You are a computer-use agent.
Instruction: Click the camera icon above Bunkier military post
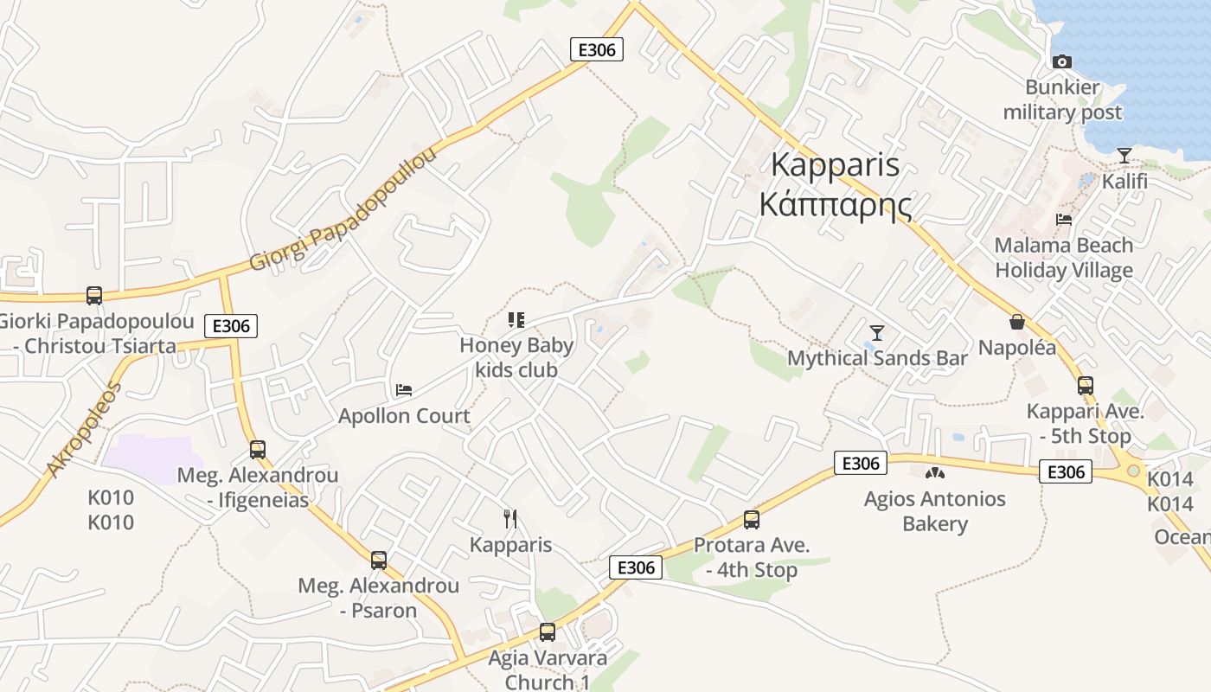tap(1062, 61)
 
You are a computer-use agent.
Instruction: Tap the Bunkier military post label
tap(1062, 99)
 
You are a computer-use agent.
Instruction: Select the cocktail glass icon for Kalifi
tap(1124, 156)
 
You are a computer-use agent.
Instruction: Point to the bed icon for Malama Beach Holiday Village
tap(1064, 220)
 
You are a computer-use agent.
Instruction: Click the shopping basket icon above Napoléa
tap(1017, 322)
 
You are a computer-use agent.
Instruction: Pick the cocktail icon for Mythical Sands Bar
tap(877, 332)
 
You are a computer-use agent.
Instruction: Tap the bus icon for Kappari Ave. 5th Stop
tap(1085, 386)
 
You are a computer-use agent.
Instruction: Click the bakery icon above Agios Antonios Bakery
tap(934, 473)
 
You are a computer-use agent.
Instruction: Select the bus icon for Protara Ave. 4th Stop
tap(752, 520)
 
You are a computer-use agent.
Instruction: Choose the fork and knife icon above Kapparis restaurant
tap(510, 519)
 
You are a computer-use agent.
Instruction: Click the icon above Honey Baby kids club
tap(516, 320)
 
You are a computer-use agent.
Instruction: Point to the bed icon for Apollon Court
tap(404, 390)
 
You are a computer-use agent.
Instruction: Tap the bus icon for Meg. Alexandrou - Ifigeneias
tap(257, 450)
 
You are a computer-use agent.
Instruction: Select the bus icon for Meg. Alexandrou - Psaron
tap(378, 560)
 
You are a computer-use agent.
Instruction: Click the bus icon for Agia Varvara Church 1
tap(547, 632)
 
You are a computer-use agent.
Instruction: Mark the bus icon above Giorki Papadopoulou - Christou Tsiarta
tap(94, 296)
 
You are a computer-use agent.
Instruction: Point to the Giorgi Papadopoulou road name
tap(343, 209)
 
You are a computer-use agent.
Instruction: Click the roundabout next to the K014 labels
tap(1133, 471)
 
